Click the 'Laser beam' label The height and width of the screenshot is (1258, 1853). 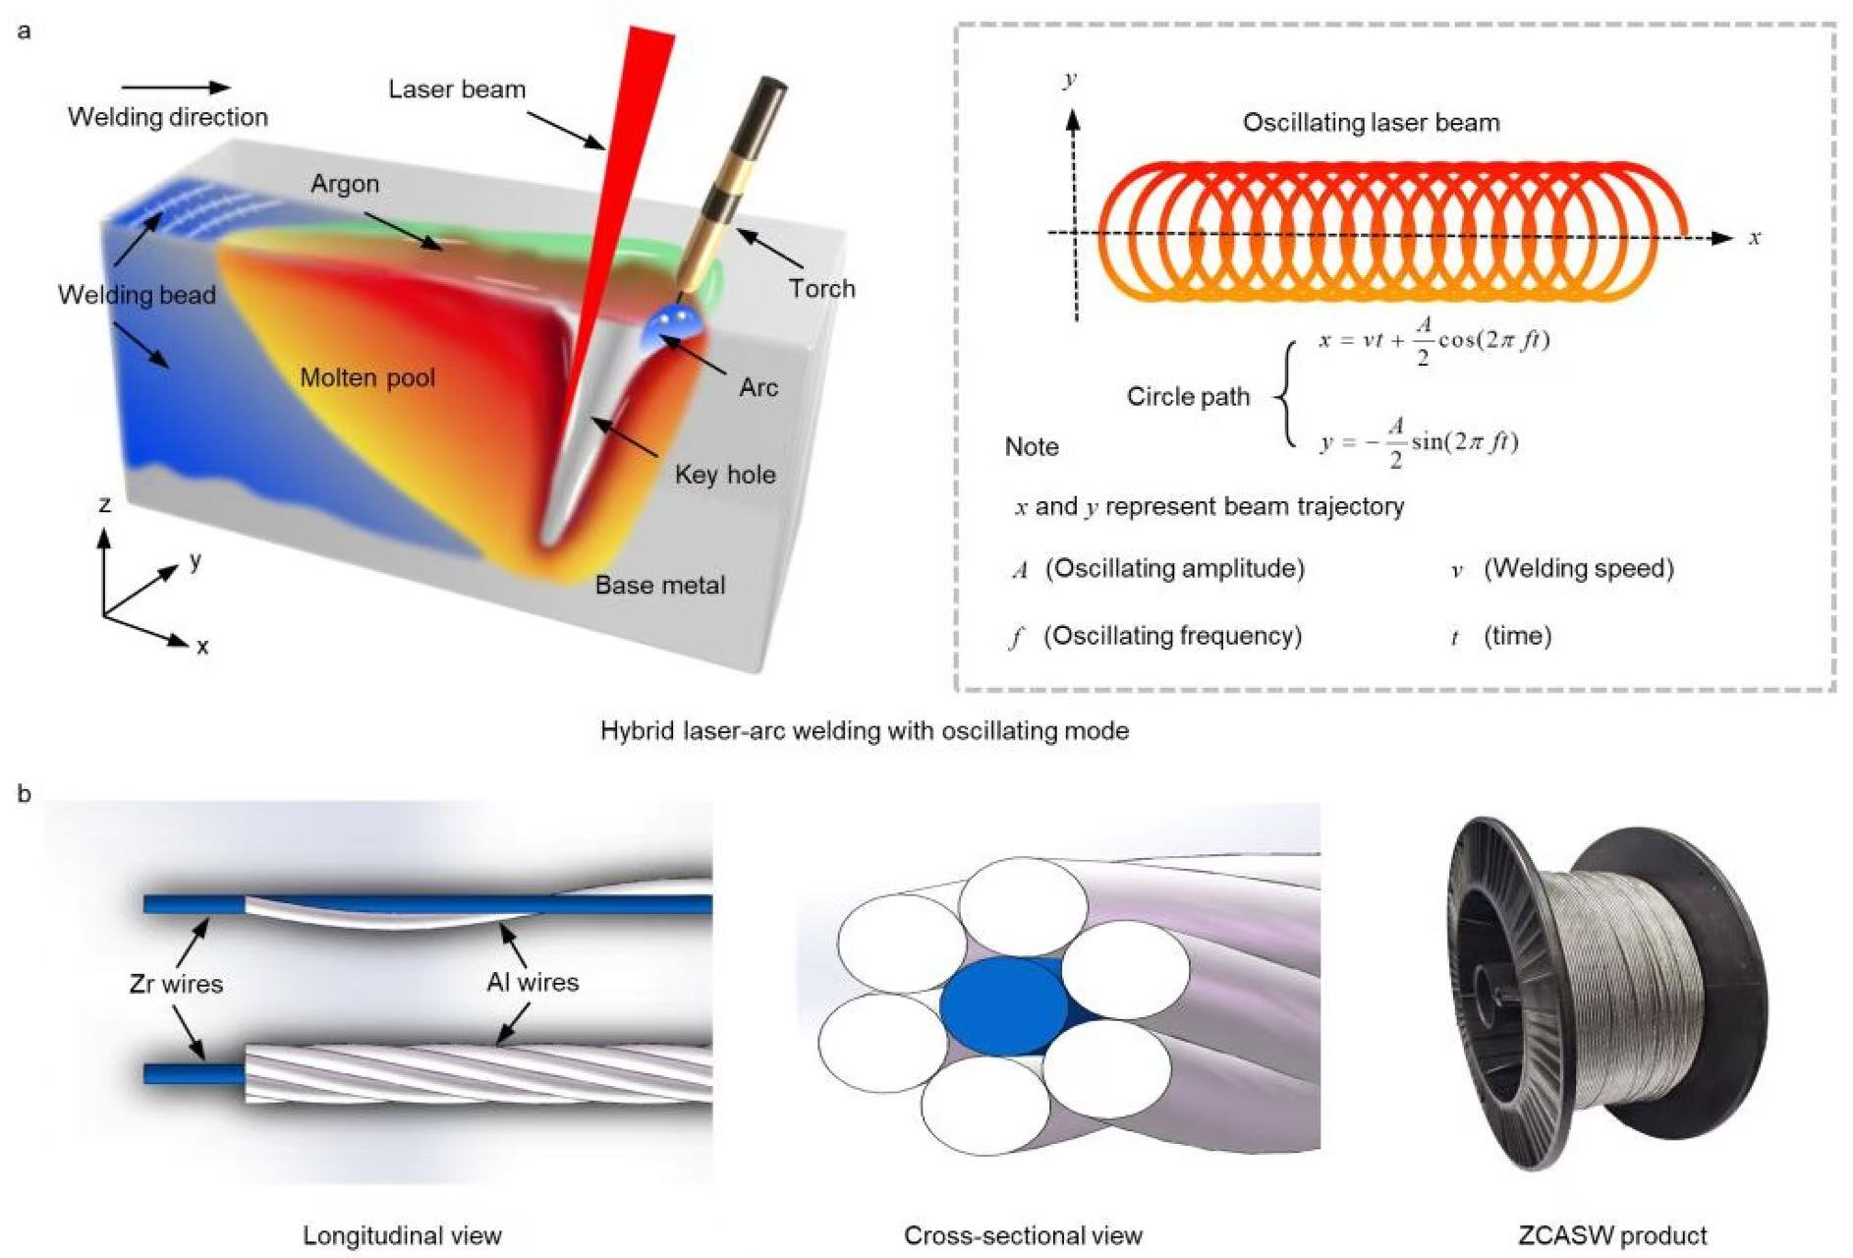click(457, 89)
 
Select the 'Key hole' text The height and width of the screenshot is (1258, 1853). click(725, 475)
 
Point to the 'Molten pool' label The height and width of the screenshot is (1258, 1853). click(367, 378)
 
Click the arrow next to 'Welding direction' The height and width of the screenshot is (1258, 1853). click(176, 87)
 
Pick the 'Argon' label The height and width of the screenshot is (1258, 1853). click(345, 184)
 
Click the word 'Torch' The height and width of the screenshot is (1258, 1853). click(821, 289)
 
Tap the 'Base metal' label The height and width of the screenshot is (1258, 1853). click(660, 586)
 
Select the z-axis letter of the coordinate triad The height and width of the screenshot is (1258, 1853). click(104, 505)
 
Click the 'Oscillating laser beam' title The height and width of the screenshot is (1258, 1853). click(1371, 123)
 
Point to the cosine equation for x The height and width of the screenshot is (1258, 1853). click(1433, 341)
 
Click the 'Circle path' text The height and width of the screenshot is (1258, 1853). click(1188, 397)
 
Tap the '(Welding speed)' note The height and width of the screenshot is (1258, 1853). click(1578, 568)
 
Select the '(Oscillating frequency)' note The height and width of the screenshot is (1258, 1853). click(1172, 636)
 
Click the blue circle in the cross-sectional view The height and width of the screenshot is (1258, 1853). click(1004, 1008)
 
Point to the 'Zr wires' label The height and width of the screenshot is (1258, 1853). click(177, 984)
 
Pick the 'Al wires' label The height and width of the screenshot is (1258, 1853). click(533, 982)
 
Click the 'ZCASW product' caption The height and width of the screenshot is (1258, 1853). click(1612, 1235)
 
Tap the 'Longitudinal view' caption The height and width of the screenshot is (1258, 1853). click(402, 1235)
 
